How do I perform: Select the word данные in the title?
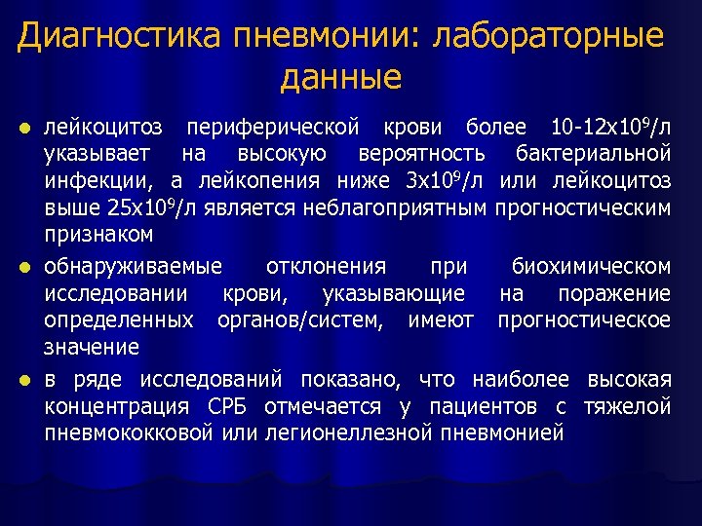click(x=340, y=77)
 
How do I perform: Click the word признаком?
click(x=98, y=234)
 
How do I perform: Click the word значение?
click(x=92, y=347)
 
